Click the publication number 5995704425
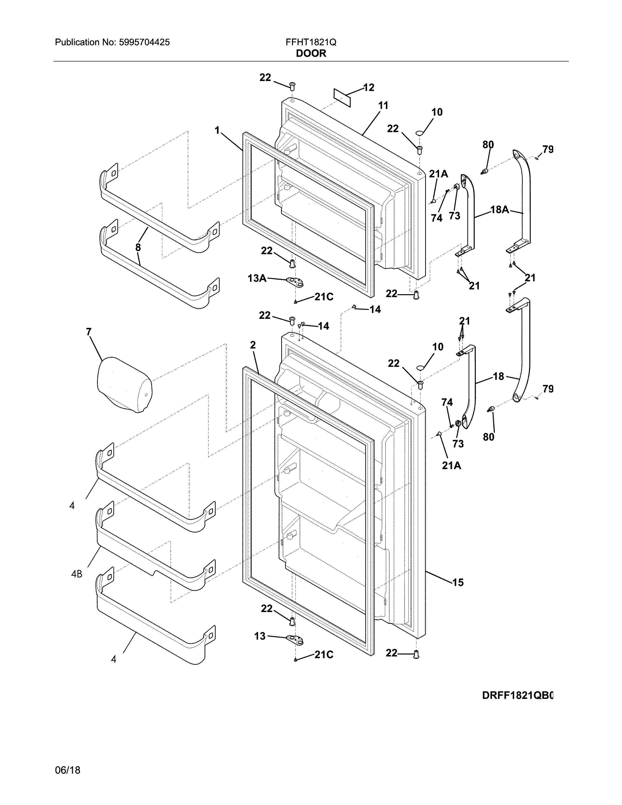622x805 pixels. tap(144, 42)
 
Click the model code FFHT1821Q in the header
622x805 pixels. tap(311, 42)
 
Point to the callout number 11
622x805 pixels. tap(383, 106)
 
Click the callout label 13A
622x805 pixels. tap(257, 278)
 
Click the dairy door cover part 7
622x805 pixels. tap(124, 384)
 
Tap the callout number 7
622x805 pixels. tap(89, 332)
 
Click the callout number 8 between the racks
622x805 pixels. tap(138, 248)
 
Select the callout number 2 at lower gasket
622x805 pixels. tap(253, 345)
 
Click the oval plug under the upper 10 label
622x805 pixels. tap(419, 132)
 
